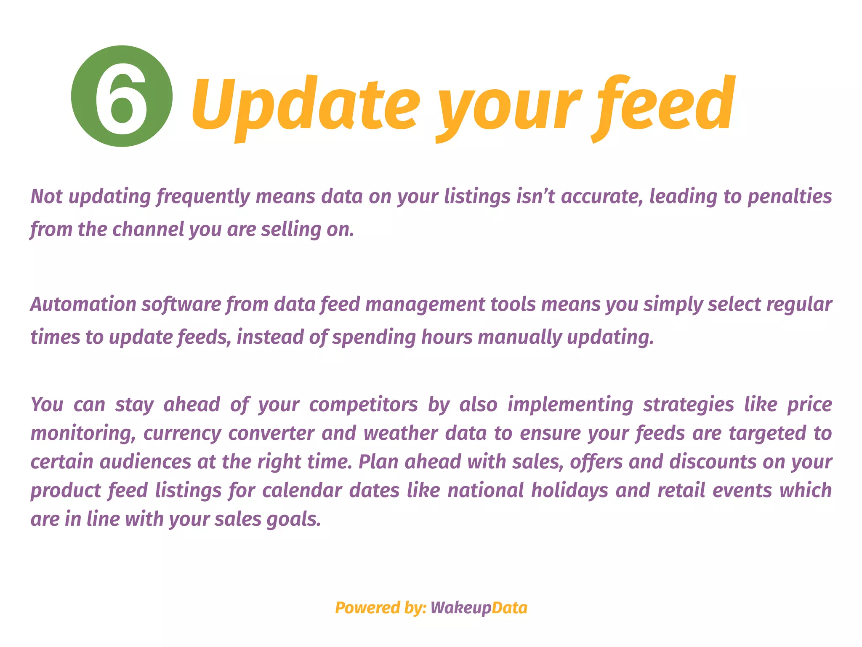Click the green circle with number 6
tap(122, 96)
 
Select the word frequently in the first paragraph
tap(203, 197)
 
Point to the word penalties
tap(790, 197)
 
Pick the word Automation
tap(83, 305)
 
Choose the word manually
tap(519, 337)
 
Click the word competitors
tap(363, 405)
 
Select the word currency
tap(182, 433)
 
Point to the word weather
tap(400, 433)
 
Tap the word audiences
tap(145, 462)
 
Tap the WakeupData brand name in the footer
tap(479, 608)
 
